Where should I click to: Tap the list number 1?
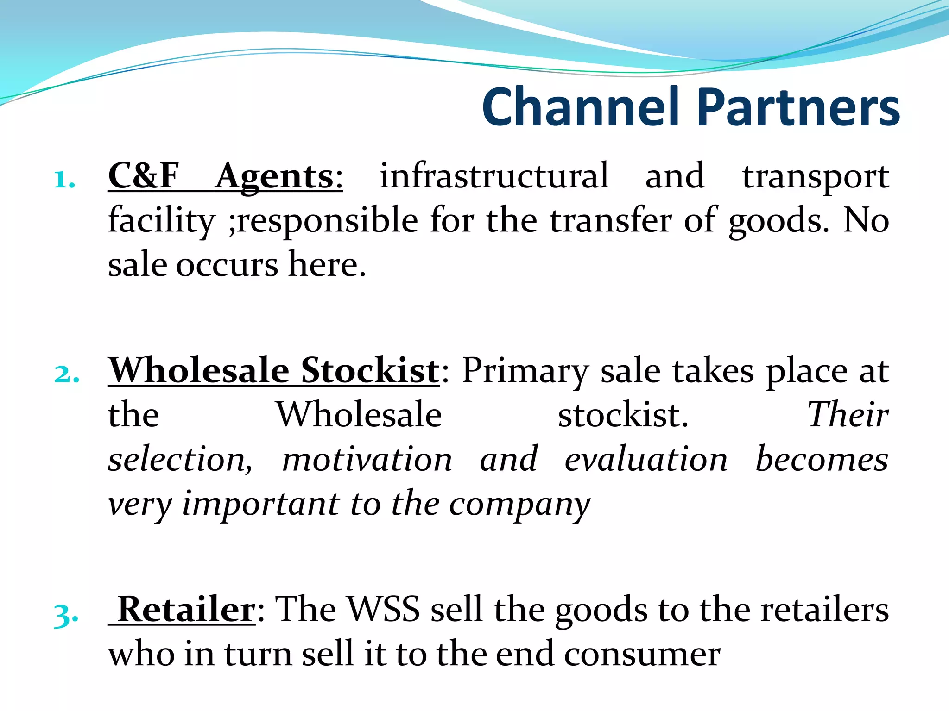(64, 180)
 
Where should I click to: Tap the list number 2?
(66, 374)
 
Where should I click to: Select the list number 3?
(66, 615)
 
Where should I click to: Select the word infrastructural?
(494, 176)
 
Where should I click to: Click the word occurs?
(227, 265)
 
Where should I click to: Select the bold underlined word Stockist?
(370, 370)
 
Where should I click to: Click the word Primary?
(525, 371)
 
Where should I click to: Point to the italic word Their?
(848, 415)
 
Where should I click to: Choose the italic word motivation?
(367, 459)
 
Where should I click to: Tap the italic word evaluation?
(646, 459)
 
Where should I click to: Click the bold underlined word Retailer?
(186, 610)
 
